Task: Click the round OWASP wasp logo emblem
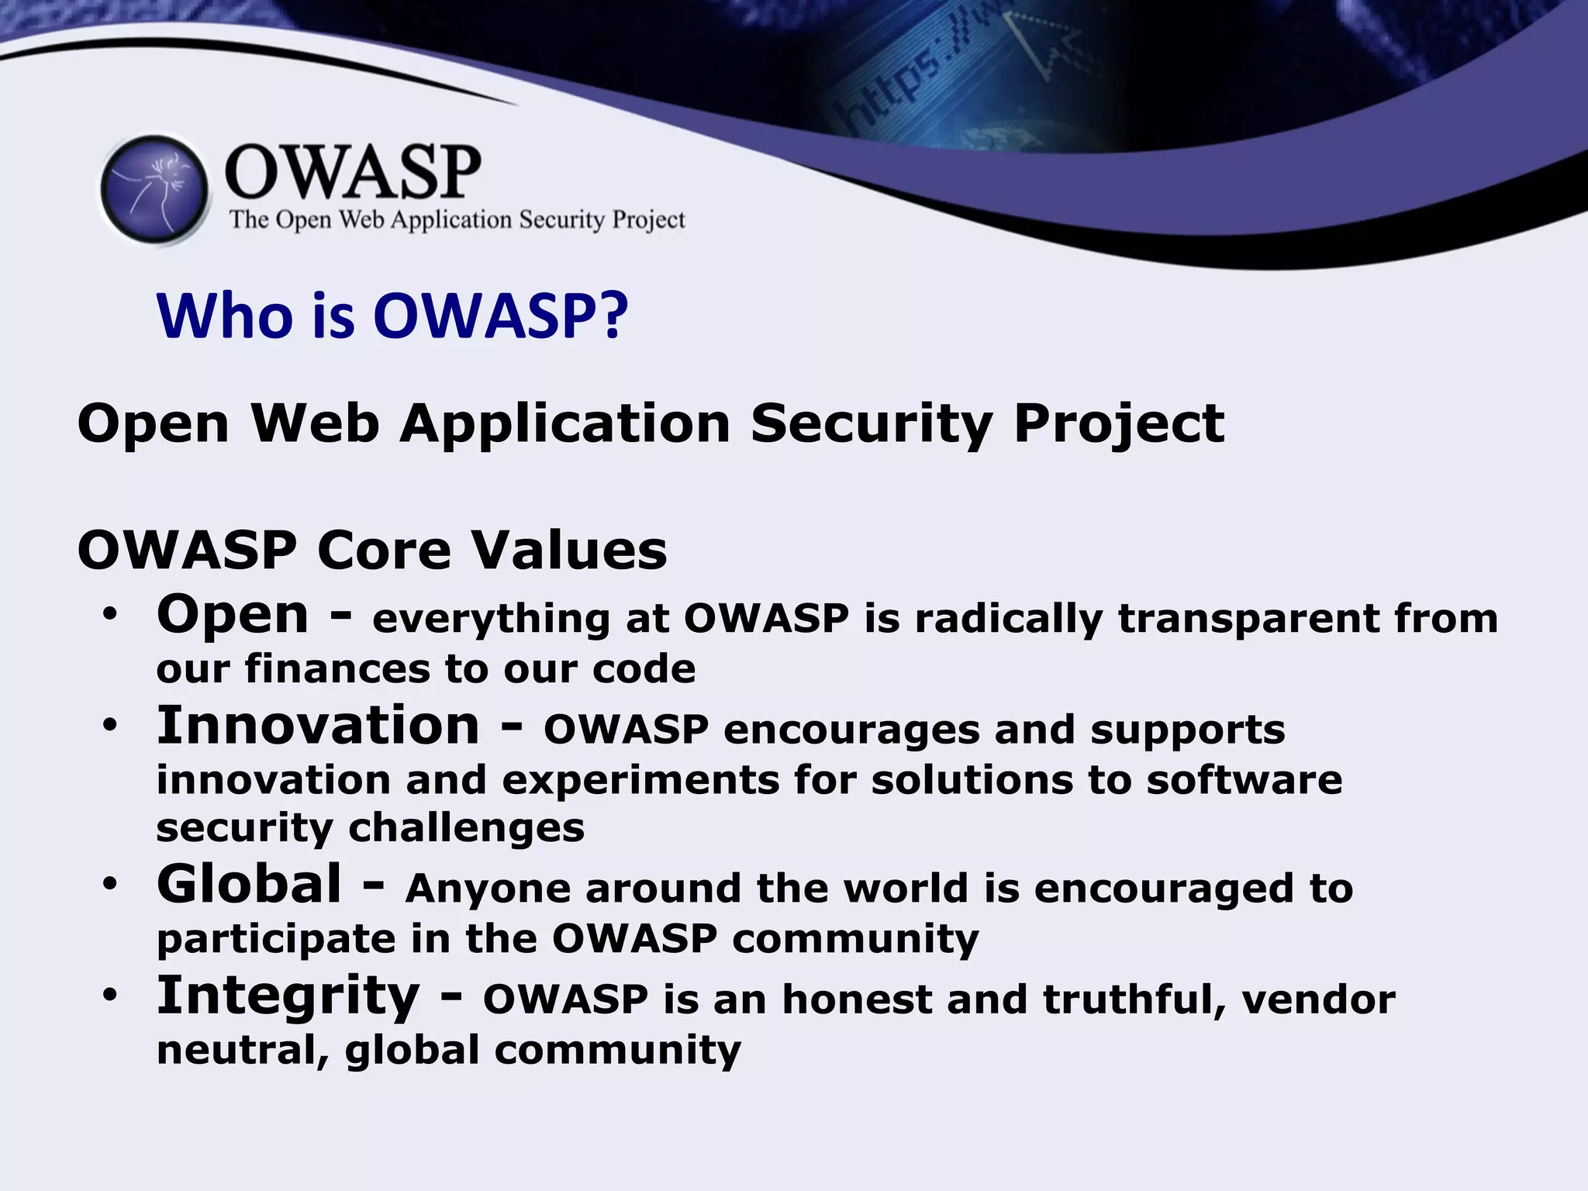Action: [x=155, y=189]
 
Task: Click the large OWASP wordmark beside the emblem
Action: [x=353, y=172]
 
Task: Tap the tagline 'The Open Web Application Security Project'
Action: [x=457, y=220]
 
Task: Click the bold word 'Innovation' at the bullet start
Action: [x=318, y=726]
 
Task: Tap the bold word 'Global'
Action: [x=249, y=884]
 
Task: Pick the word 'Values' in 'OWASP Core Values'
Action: [x=569, y=551]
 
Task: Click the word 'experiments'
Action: [x=640, y=781]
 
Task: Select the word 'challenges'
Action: [x=467, y=828]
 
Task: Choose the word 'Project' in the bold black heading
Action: [x=1119, y=425]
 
